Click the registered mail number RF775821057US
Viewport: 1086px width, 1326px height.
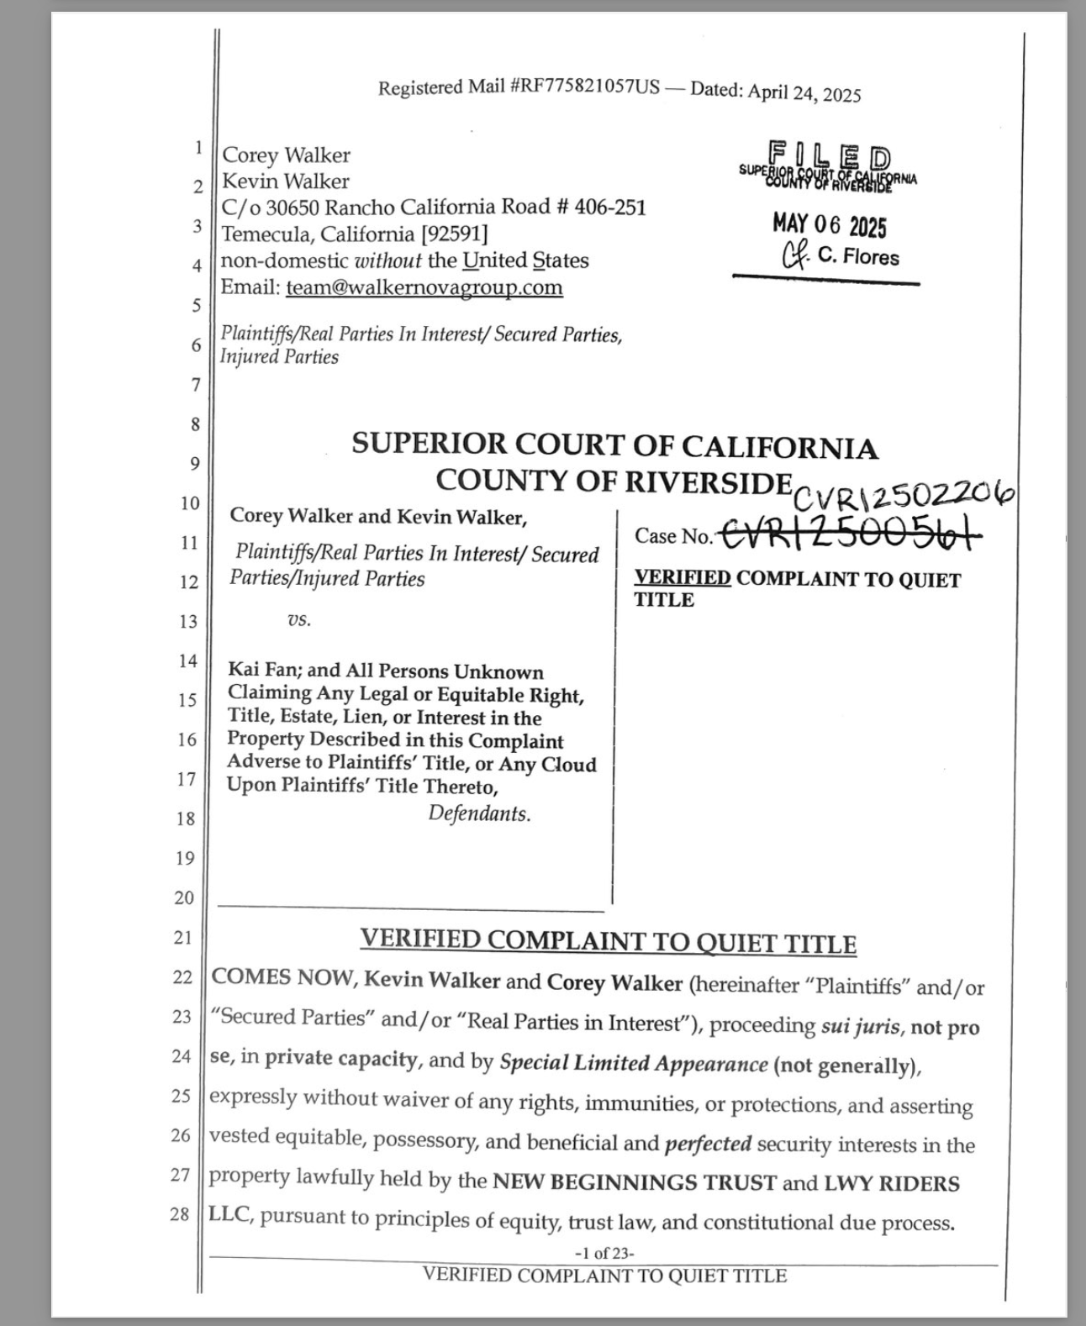[x=585, y=87]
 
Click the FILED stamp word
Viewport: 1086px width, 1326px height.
[x=829, y=156]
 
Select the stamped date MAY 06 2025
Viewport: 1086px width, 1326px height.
[x=829, y=225]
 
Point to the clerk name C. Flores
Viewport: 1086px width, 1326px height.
[x=857, y=256]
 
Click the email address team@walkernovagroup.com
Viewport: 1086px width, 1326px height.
[x=424, y=287]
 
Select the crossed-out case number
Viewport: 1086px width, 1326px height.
[x=849, y=534]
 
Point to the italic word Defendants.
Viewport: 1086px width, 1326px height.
[x=479, y=813]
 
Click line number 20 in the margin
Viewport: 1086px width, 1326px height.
[x=184, y=897]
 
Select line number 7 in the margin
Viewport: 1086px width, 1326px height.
[x=196, y=385]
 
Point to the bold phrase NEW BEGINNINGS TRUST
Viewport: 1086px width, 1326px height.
[x=634, y=1182]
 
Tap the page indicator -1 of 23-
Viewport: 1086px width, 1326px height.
[x=604, y=1253]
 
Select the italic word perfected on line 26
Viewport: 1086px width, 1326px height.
[x=708, y=1144]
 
